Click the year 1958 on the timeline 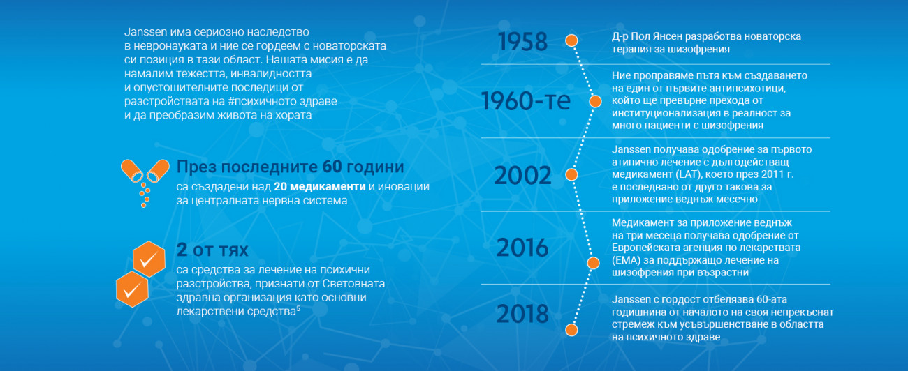[522, 41]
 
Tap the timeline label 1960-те [526, 100]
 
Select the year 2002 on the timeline [522, 175]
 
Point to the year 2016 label [522, 247]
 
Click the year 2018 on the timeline [522, 314]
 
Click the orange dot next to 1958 [571, 40]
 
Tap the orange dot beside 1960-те [595, 101]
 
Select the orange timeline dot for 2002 [571, 175]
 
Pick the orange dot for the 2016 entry [593, 263]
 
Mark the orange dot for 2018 [571, 330]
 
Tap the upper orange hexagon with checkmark [149, 259]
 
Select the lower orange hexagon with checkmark [132, 289]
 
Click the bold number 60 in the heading [332, 167]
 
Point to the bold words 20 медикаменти [319, 186]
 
